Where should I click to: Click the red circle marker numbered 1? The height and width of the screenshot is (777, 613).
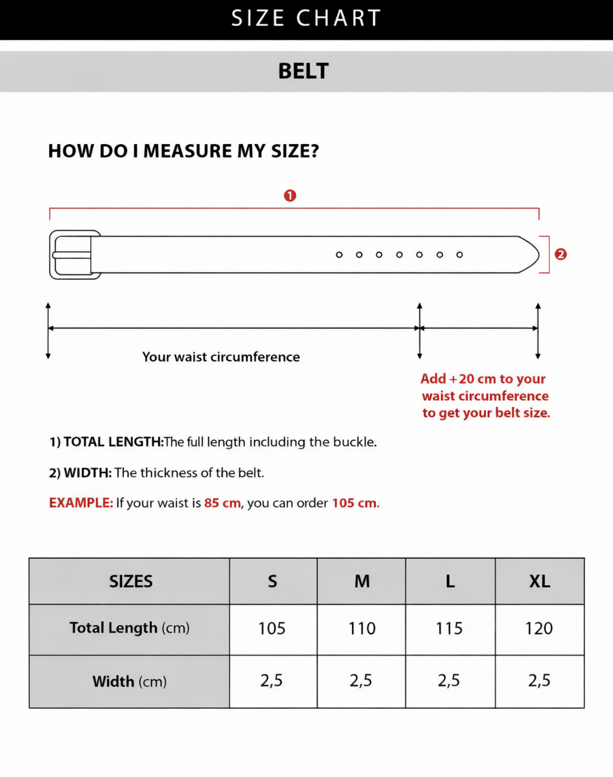(290, 195)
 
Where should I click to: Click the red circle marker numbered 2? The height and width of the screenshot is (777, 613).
(561, 254)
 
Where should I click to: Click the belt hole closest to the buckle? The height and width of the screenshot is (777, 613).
(339, 255)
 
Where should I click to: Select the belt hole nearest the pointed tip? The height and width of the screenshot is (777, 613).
(460, 255)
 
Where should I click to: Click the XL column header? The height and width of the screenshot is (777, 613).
(539, 582)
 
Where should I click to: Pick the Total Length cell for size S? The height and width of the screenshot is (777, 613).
(272, 629)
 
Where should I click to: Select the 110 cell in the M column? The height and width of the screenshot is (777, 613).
(362, 629)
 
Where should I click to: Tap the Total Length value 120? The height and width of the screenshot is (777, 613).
(539, 629)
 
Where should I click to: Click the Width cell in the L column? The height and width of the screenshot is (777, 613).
(448, 680)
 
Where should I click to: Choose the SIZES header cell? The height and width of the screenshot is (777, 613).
(131, 582)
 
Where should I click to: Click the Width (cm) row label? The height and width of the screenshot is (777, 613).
(129, 681)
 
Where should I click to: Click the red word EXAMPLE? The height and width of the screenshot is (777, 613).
(81, 503)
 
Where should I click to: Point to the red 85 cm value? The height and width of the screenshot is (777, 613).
(222, 503)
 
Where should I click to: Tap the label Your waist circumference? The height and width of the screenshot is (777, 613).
(221, 357)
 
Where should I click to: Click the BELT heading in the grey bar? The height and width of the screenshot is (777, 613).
(303, 71)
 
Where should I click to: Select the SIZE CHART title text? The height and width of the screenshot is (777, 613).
(306, 18)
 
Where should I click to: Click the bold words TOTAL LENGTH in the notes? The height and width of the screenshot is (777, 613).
(113, 442)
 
